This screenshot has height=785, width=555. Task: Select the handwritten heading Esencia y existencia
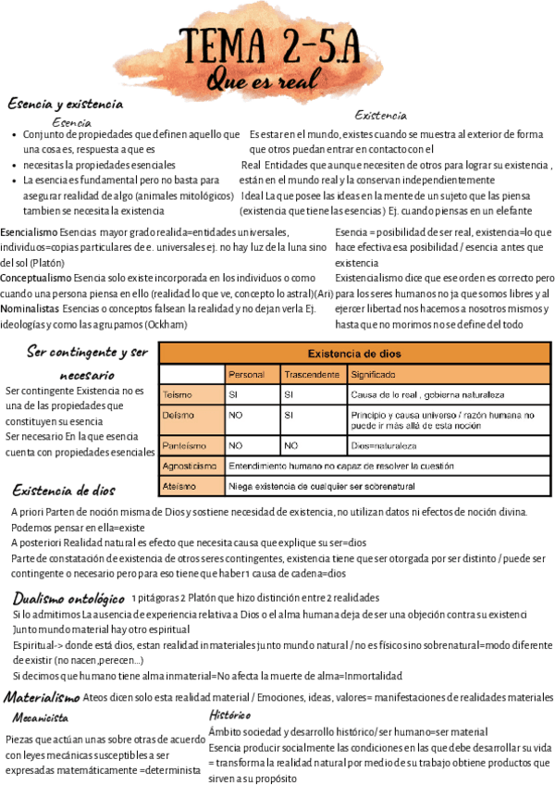coord(65,104)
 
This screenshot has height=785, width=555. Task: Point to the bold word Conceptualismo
coord(35,278)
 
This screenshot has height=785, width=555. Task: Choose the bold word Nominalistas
coord(31,308)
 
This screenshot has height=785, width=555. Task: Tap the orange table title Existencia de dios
coord(355,354)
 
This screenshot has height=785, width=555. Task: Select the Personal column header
coord(247,375)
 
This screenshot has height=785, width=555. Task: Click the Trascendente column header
coord(312,375)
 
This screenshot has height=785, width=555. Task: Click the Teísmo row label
coord(178,395)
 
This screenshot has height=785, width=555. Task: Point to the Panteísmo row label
coord(183,445)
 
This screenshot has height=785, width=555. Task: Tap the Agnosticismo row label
coord(190,466)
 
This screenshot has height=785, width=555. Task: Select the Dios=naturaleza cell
coord(384,445)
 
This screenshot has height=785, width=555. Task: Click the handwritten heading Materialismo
coord(42,697)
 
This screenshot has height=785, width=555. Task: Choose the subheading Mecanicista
coord(40,717)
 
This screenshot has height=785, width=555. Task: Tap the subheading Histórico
coord(230,715)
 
